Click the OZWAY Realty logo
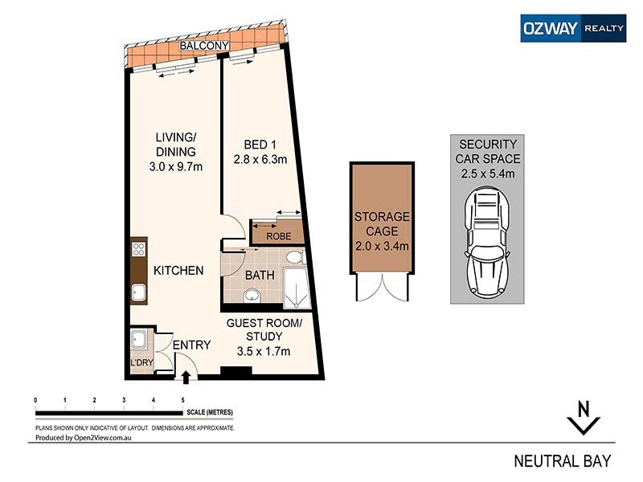pos(572,28)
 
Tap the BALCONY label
pos(204,47)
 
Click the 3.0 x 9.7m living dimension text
pos(175,167)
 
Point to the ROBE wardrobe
pos(278,235)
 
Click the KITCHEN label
pos(178,271)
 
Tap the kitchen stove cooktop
pos(138,250)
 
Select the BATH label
pos(260,275)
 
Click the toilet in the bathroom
pos(293,257)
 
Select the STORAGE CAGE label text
pos(382,224)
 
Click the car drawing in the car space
pos(486,243)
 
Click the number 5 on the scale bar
pos(182,399)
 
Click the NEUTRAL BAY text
pos(563,461)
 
